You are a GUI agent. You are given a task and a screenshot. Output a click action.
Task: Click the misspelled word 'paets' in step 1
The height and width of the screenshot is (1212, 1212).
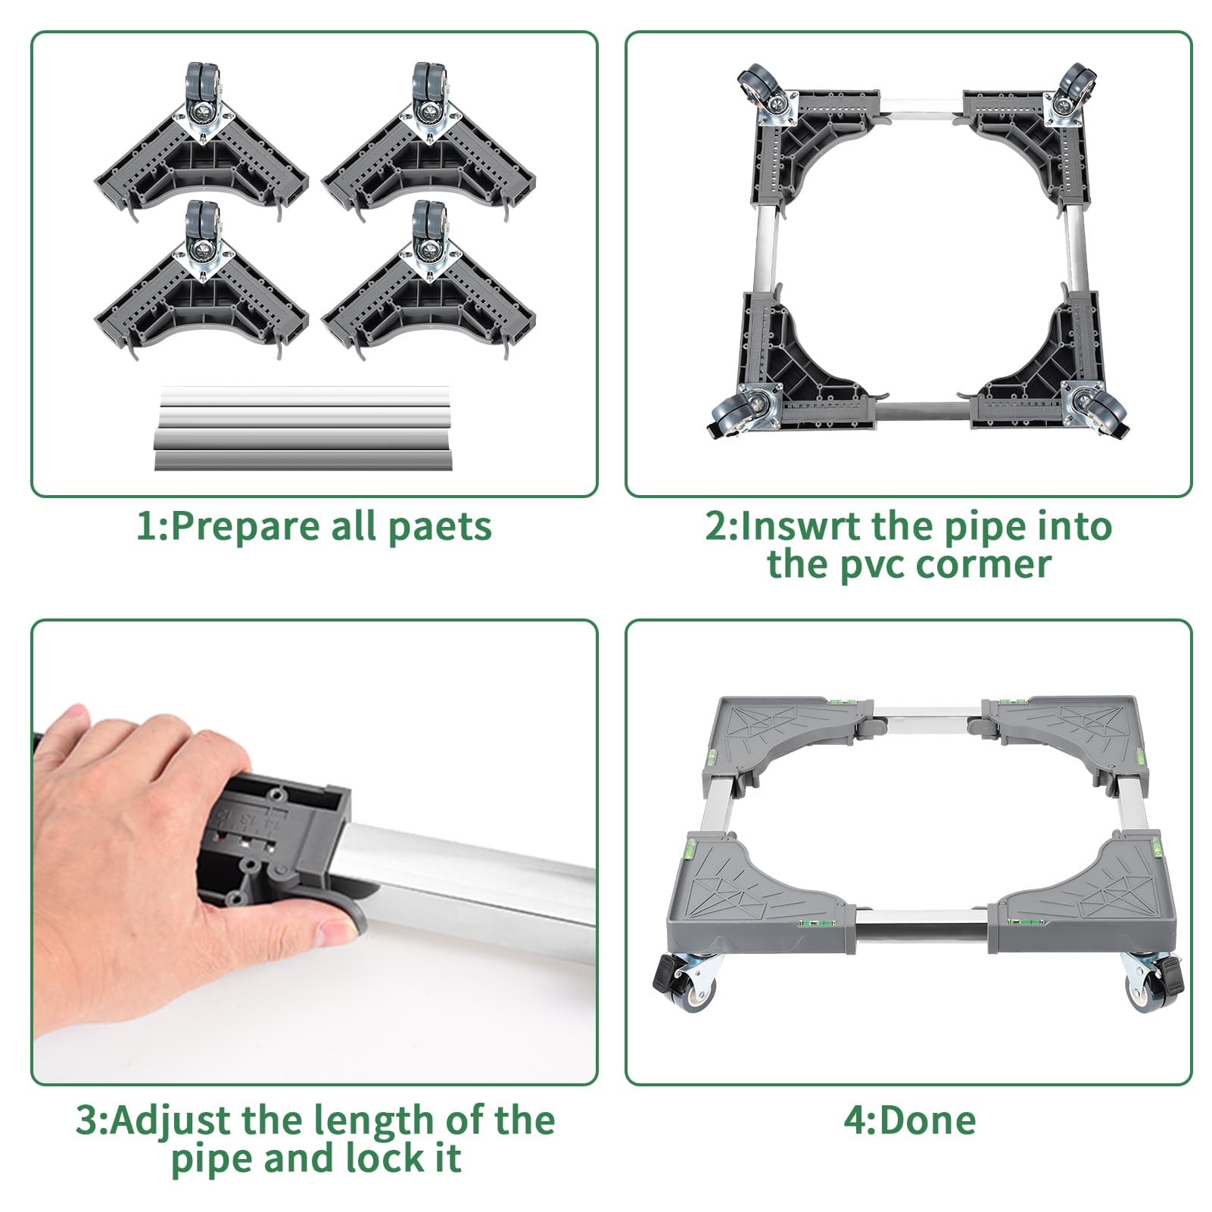click(439, 526)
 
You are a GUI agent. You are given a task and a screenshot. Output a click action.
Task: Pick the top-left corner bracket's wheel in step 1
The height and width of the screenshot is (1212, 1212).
click(201, 85)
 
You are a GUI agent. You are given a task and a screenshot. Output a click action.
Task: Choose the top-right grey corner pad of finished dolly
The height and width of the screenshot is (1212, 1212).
click(1075, 731)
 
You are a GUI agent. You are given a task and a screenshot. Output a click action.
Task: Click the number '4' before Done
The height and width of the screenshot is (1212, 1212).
click(854, 1120)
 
